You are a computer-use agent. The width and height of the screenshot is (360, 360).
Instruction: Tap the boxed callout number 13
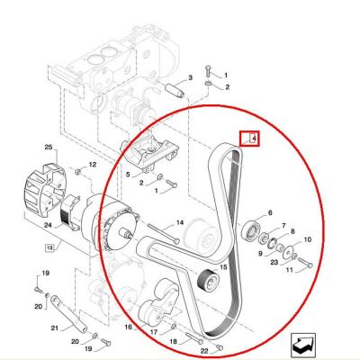[49, 248]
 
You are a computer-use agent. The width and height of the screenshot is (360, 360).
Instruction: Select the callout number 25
[49, 148]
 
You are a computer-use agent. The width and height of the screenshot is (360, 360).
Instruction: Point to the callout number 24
[48, 224]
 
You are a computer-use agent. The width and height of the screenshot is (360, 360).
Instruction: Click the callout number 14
[180, 222]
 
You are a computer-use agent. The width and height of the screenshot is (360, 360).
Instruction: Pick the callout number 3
[190, 78]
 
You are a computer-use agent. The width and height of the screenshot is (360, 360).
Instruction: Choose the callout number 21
[54, 328]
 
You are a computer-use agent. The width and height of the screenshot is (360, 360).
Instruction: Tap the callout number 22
[204, 351]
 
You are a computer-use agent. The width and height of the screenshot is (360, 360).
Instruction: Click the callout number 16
[129, 327]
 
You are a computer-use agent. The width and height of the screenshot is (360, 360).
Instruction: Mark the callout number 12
[93, 165]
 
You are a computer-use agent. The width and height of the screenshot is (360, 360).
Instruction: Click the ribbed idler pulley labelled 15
[208, 280]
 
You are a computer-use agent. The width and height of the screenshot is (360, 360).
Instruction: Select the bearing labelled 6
[250, 230]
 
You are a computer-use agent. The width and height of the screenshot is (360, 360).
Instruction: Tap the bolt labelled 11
[305, 264]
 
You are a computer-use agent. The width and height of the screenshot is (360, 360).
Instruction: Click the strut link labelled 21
[68, 313]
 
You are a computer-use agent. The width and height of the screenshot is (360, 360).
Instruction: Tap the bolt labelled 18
[194, 338]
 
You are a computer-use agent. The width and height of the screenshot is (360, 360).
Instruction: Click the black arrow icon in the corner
[303, 346]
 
